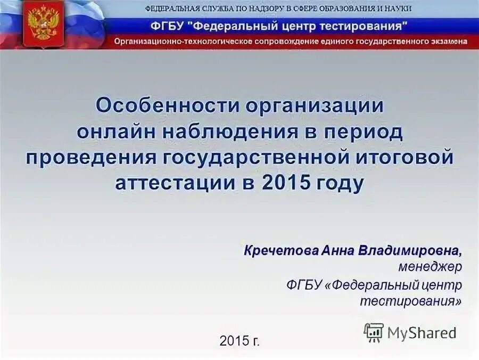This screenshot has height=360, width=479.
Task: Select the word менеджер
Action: [431, 266]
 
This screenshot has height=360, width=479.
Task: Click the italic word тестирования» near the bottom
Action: [410, 301]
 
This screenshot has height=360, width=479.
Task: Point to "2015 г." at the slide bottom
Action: [240, 341]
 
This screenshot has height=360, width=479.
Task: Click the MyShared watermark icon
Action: [374, 332]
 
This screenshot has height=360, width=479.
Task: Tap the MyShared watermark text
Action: [422, 333]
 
